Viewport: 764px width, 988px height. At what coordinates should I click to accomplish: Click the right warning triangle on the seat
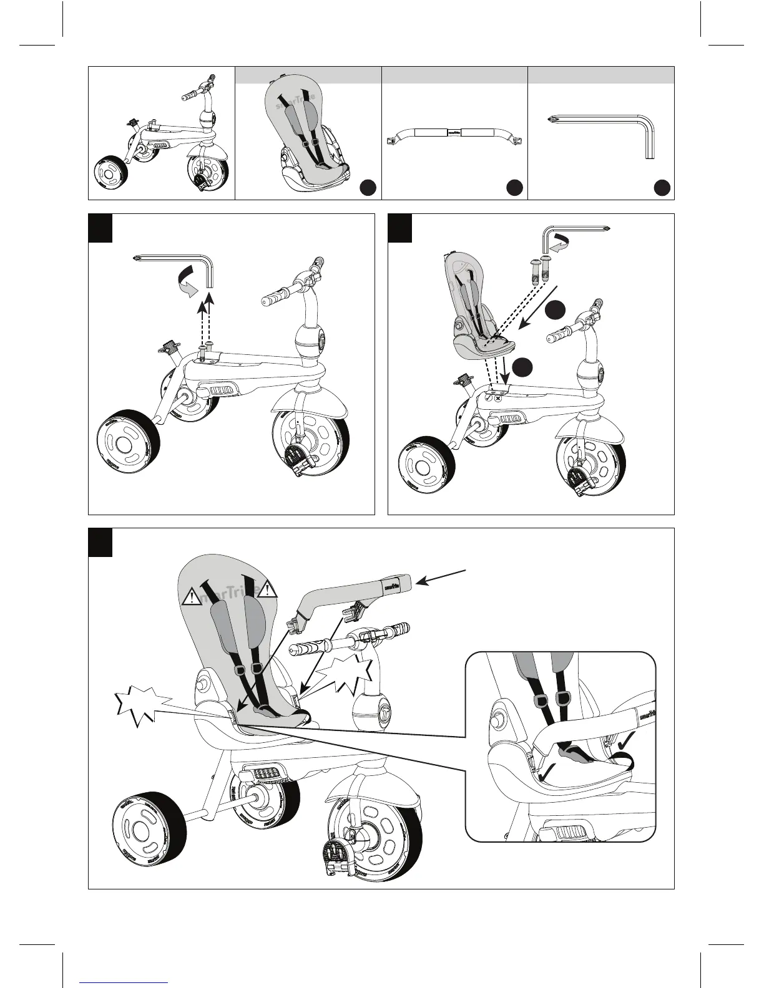coord(268,588)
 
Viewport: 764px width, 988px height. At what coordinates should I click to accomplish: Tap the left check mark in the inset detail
coord(547,772)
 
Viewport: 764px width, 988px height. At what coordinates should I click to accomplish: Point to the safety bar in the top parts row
coord(454,133)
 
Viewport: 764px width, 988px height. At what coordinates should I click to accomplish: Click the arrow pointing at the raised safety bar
coord(441,577)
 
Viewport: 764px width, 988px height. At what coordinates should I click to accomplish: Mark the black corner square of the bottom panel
coord(100,541)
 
